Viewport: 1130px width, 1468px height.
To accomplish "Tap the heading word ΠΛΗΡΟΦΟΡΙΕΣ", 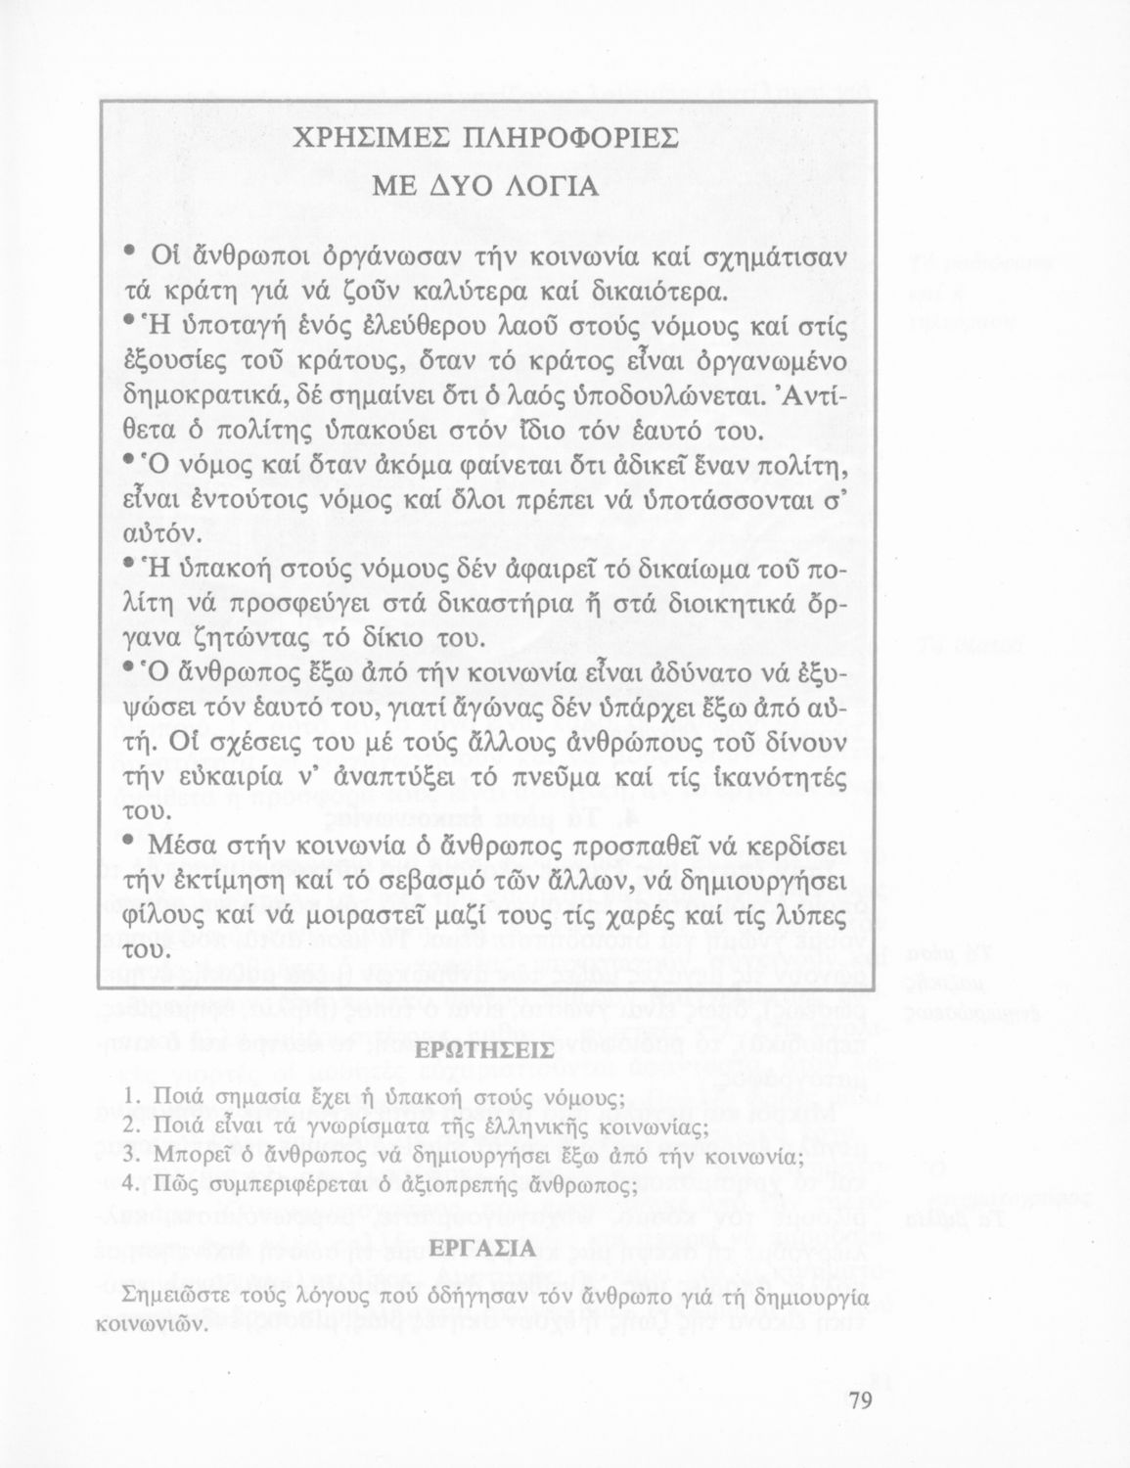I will [x=573, y=137].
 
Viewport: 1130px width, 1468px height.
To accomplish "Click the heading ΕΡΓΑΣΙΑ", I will [x=486, y=1249].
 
